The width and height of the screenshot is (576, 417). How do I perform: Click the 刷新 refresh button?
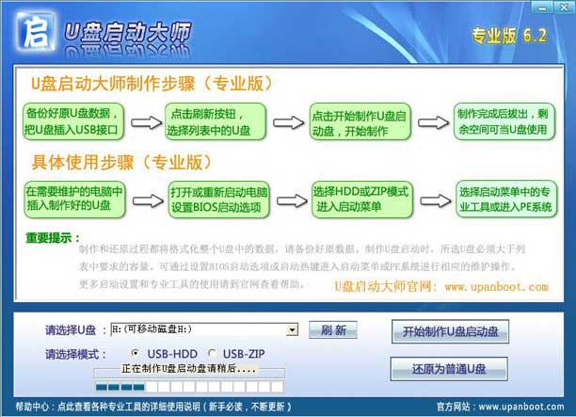(x=333, y=330)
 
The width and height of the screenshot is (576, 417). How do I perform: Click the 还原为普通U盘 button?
(x=449, y=368)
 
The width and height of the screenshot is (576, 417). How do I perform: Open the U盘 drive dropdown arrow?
(x=293, y=330)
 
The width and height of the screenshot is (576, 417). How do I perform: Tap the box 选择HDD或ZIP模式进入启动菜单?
(x=360, y=200)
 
